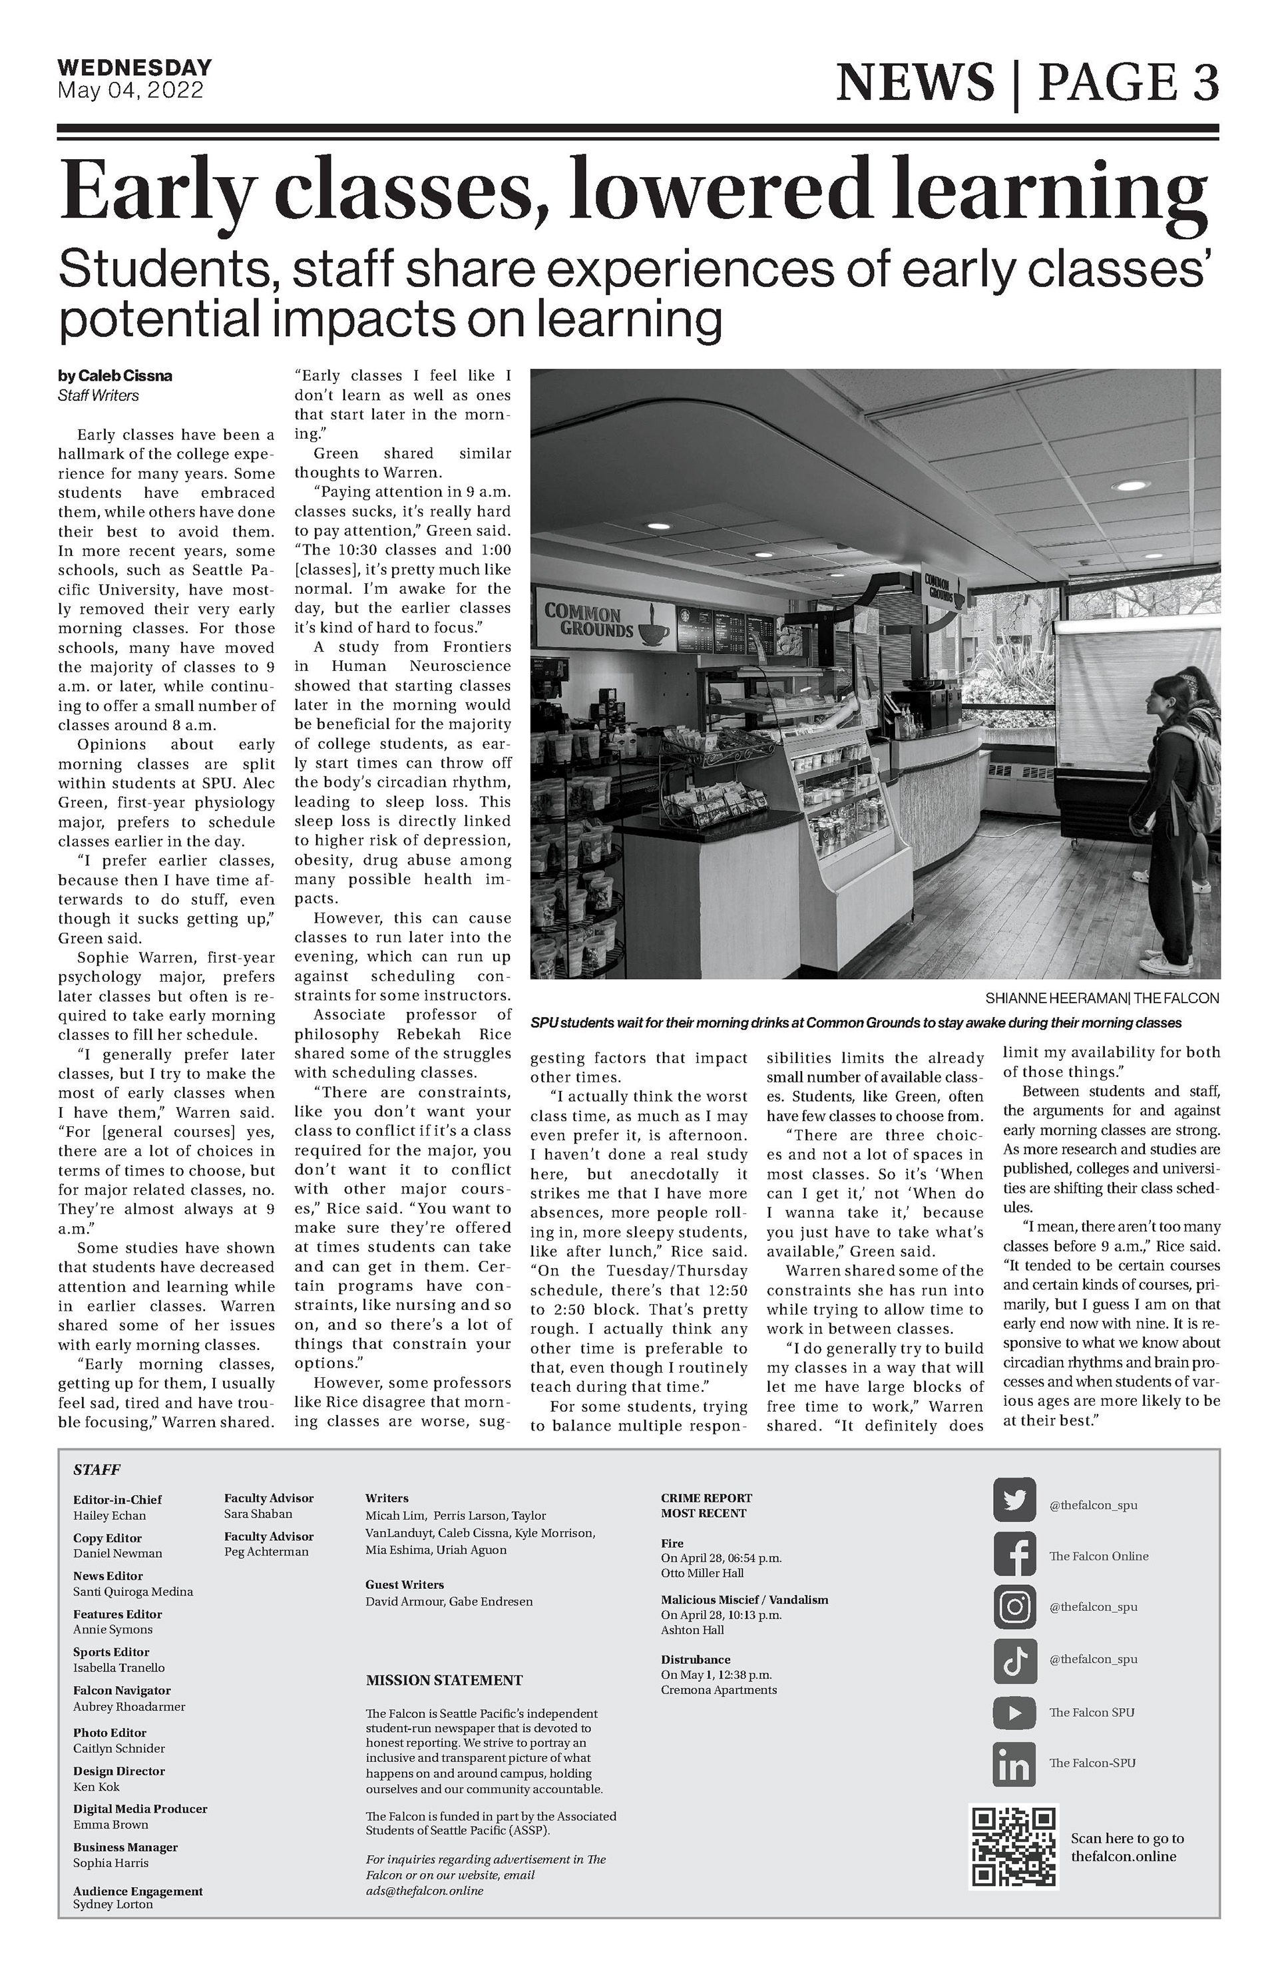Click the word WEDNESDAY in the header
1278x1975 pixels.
pyautogui.click(x=134, y=67)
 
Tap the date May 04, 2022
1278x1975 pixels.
pyautogui.click(x=130, y=90)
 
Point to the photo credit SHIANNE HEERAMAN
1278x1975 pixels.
pyautogui.click(x=1053, y=998)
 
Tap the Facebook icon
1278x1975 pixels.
pyautogui.click(x=1014, y=1555)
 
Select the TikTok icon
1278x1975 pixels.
pyautogui.click(x=1014, y=1659)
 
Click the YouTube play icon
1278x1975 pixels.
pyautogui.click(x=1014, y=1712)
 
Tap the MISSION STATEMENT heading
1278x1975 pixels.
pyautogui.click(x=444, y=1680)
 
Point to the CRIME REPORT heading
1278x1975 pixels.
pyautogui.click(x=706, y=1498)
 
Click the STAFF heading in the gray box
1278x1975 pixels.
pyautogui.click(x=97, y=1470)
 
